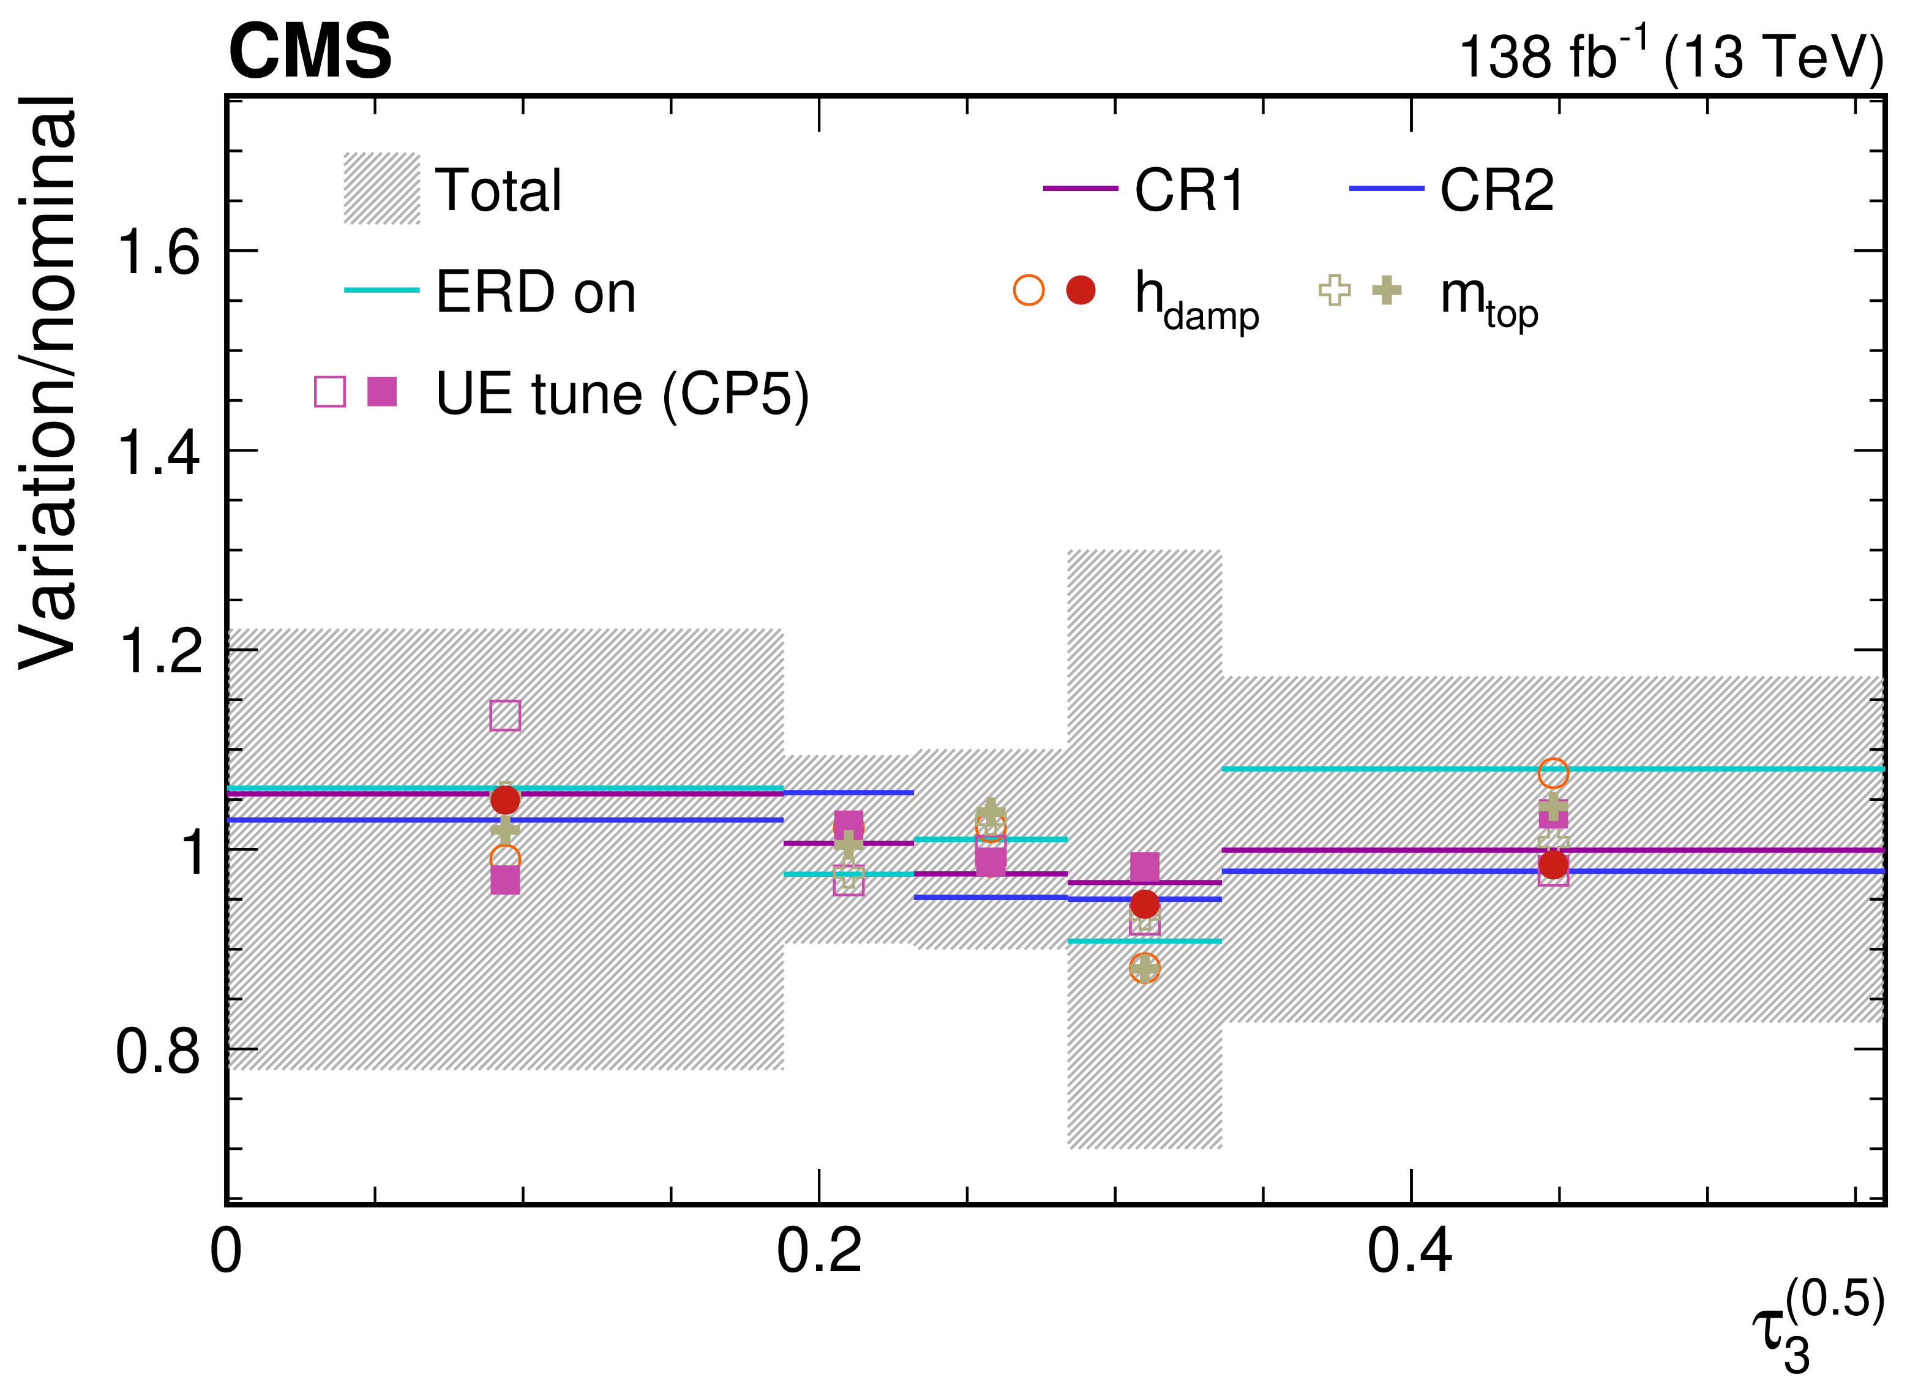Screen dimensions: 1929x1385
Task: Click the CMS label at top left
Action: click(310, 51)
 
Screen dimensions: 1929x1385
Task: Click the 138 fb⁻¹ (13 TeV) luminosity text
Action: click(1671, 54)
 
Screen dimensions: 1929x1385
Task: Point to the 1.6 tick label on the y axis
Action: click(159, 252)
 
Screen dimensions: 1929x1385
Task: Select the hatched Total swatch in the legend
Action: click(382, 189)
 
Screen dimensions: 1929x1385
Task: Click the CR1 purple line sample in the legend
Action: click(1080, 189)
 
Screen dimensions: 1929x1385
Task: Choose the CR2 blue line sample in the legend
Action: click(1387, 189)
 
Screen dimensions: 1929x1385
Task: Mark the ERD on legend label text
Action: click(536, 293)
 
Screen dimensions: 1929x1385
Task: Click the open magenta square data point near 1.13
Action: click(505, 716)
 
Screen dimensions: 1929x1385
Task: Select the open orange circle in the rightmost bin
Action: click(1553, 773)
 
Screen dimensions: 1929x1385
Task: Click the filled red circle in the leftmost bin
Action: click(505, 800)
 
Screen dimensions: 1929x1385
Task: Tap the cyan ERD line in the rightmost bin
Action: click(1553, 769)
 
